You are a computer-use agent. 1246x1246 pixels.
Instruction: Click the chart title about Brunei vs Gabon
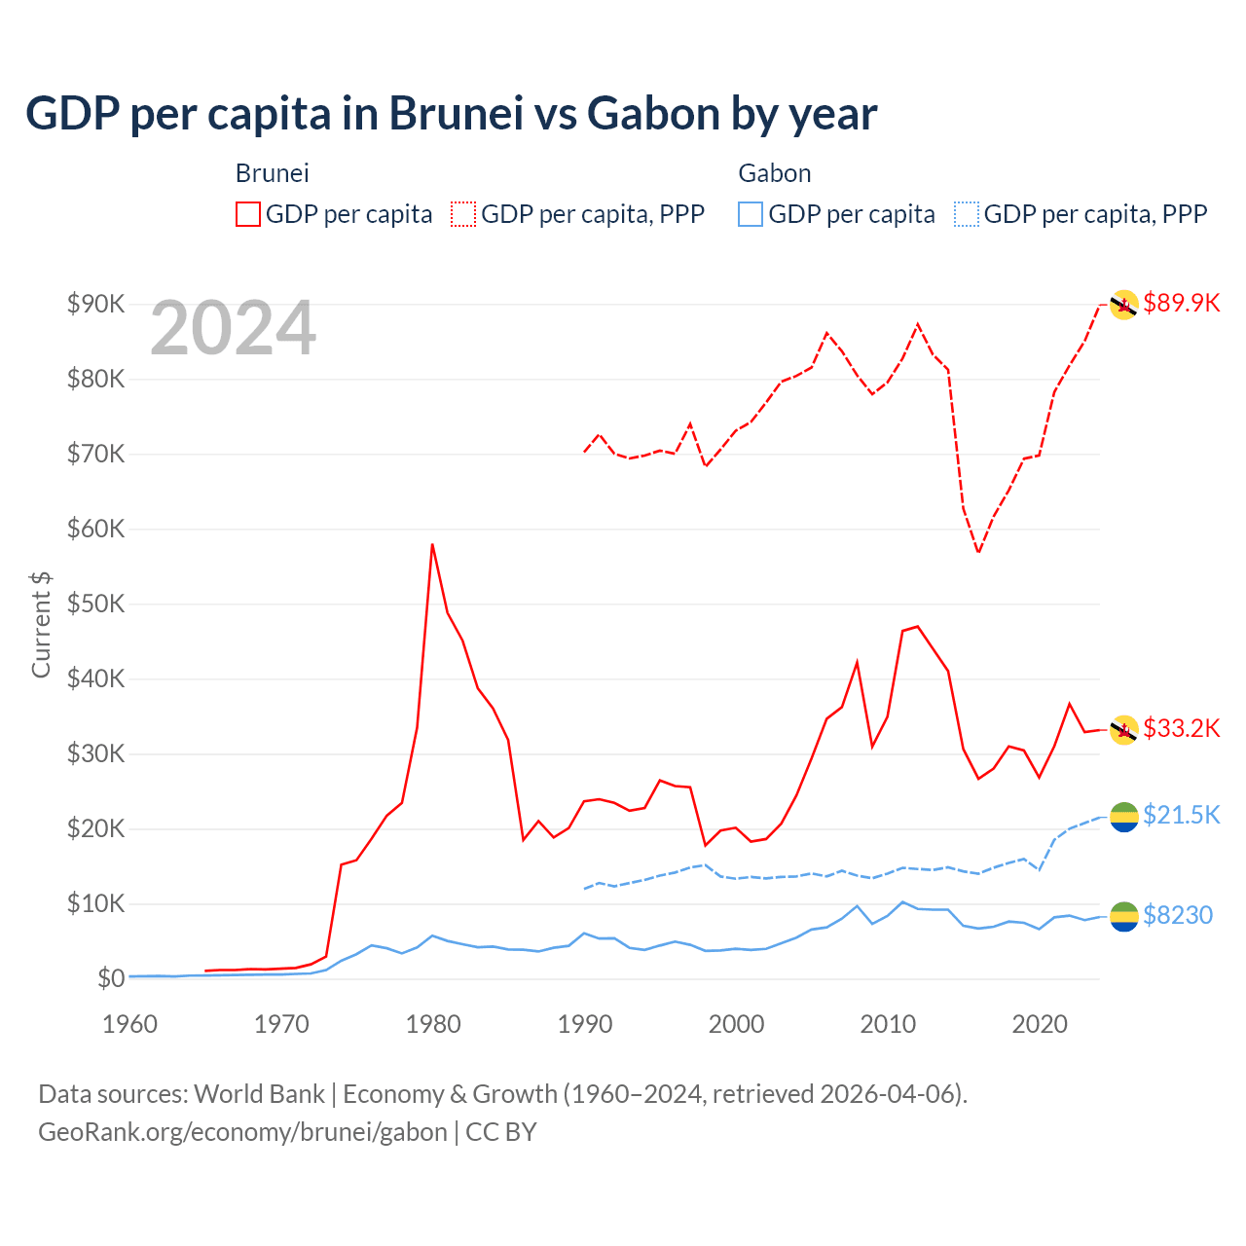pos(451,114)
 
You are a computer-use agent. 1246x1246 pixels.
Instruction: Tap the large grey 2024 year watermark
pos(234,328)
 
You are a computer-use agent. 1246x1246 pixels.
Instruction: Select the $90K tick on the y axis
pos(95,304)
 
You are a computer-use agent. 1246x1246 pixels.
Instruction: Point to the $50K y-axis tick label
pos(95,604)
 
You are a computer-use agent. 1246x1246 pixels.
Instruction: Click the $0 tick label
pos(110,978)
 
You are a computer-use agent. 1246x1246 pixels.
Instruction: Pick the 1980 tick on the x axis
pos(433,1024)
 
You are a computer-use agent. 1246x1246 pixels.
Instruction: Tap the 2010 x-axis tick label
pos(888,1024)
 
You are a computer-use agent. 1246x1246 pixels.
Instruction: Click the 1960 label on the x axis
pos(130,1024)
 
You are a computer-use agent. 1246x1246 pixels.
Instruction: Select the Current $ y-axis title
pos(41,625)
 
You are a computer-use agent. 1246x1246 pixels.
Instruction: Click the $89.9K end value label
pos(1181,303)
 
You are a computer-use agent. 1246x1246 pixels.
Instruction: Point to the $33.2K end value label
pos(1181,728)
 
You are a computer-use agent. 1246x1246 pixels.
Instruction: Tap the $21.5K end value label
pos(1181,815)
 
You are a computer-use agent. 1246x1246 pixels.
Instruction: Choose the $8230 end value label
pos(1177,915)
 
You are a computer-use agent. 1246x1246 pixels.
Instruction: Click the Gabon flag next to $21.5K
pos(1124,817)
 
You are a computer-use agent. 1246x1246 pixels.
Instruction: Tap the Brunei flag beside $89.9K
pos(1124,305)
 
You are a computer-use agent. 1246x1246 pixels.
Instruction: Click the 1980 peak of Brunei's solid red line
pos(432,544)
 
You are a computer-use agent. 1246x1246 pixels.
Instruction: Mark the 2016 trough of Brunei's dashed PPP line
pos(978,552)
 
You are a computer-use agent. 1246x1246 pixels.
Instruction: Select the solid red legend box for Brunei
pos(248,214)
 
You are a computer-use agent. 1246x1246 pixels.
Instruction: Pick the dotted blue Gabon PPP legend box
pos(967,214)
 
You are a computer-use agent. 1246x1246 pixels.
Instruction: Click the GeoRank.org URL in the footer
pos(242,1132)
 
